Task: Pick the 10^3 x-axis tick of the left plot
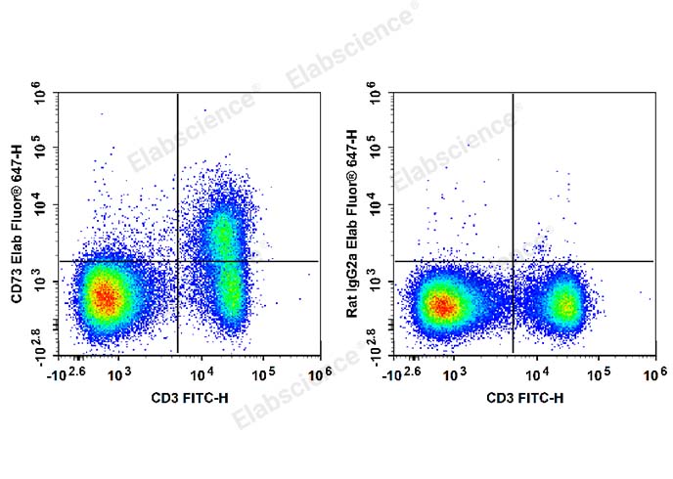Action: coord(118,373)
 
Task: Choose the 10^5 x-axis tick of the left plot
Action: coord(263,373)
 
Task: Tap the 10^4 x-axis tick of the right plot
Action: coord(536,373)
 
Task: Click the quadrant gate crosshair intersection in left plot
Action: coord(177,261)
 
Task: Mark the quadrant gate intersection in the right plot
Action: coord(513,261)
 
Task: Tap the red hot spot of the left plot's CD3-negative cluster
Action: coord(107,296)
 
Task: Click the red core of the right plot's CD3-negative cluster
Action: coord(442,306)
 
